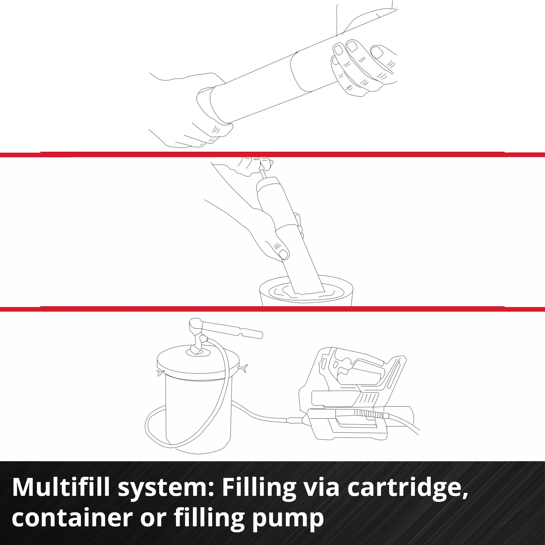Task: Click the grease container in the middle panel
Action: tap(306, 291)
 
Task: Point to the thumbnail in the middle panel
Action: tap(283, 255)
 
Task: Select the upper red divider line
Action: tap(272, 154)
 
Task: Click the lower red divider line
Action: tap(272, 309)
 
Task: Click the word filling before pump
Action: tap(209, 519)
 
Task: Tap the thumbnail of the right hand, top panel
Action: tap(378, 52)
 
